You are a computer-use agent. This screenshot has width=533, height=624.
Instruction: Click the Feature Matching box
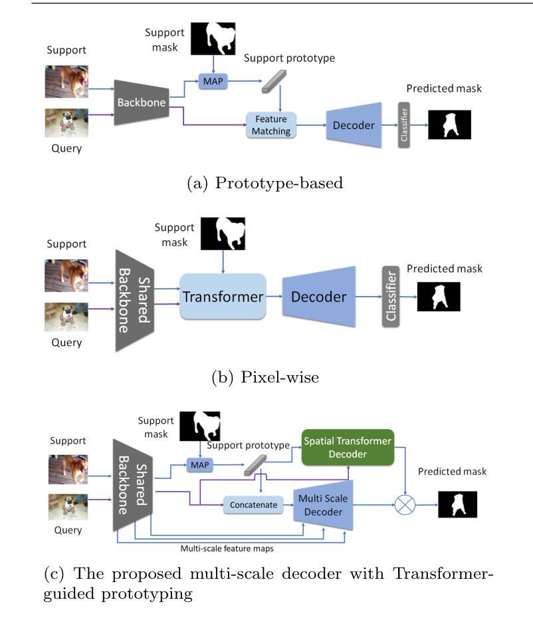[x=271, y=125]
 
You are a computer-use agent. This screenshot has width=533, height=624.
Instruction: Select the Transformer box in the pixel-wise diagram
[x=223, y=297]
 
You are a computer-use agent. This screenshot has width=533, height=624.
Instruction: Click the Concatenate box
[x=253, y=505]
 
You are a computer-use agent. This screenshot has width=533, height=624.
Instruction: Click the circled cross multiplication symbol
[x=405, y=506]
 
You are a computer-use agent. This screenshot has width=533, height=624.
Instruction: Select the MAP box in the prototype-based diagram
[x=212, y=81]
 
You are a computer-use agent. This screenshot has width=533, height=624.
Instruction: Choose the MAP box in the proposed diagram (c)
[x=196, y=463]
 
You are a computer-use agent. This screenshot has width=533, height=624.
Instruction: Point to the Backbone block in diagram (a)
[x=140, y=102]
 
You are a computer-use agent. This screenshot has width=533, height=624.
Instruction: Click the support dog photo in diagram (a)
[x=66, y=81]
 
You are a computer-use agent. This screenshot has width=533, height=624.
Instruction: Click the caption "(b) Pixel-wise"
[x=265, y=377]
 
